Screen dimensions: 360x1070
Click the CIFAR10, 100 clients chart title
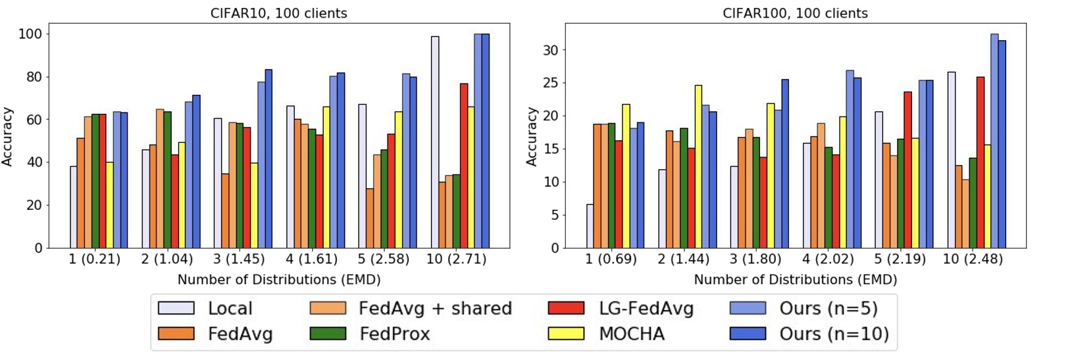point(279,13)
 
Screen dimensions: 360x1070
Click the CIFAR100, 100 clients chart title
point(795,13)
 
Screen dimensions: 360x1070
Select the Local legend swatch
point(176,308)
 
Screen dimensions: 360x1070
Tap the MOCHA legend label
point(631,334)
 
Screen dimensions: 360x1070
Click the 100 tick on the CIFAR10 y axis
point(30,34)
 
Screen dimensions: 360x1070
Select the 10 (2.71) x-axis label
point(456,259)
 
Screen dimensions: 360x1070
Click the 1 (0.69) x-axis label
point(611,259)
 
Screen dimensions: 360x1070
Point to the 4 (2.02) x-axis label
point(828,259)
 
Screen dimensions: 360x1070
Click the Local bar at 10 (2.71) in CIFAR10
point(434,141)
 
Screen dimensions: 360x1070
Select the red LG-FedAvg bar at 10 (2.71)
point(463,165)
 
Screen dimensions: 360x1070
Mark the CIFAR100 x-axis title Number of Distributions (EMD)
point(795,280)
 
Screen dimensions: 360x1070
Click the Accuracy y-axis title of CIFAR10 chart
point(8,136)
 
